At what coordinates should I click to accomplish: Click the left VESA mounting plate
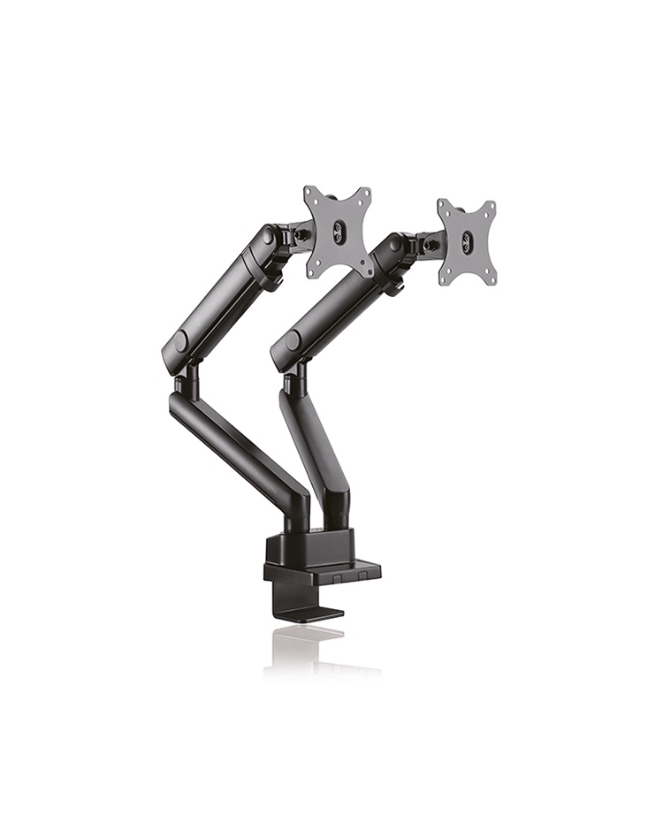(338, 231)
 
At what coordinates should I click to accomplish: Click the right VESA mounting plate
(468, 241)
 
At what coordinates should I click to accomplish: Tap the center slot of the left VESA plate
(338, 233)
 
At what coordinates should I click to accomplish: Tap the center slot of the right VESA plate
(468, 242)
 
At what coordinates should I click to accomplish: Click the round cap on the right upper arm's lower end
(293, 341)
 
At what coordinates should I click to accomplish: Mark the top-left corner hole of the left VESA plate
(309, 192)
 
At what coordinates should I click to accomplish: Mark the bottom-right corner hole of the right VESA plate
(490, 278)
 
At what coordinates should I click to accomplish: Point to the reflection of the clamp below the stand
(305, 645)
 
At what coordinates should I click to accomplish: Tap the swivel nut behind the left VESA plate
(301, 234)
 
